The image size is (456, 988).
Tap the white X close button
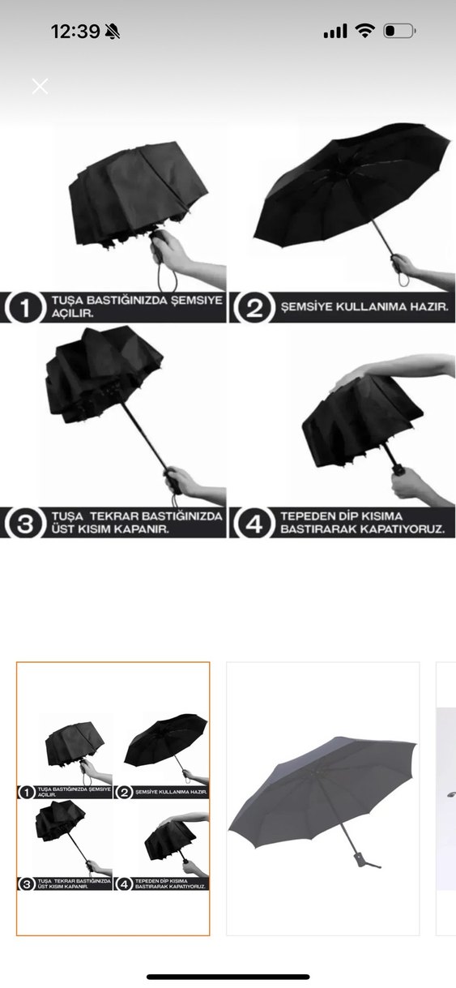(40, 86)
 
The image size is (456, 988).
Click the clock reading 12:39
(75, 32)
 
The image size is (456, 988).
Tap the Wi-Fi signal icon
(364, 31)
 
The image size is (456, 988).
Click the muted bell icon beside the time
(113, 32)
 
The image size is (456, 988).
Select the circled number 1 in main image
(23, 308)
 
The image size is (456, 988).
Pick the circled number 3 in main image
(23, 523)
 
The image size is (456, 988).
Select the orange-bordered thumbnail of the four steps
(113, 798)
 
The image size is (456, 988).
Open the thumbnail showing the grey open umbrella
(322, 798)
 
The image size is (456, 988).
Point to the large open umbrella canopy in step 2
(351, 186)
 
